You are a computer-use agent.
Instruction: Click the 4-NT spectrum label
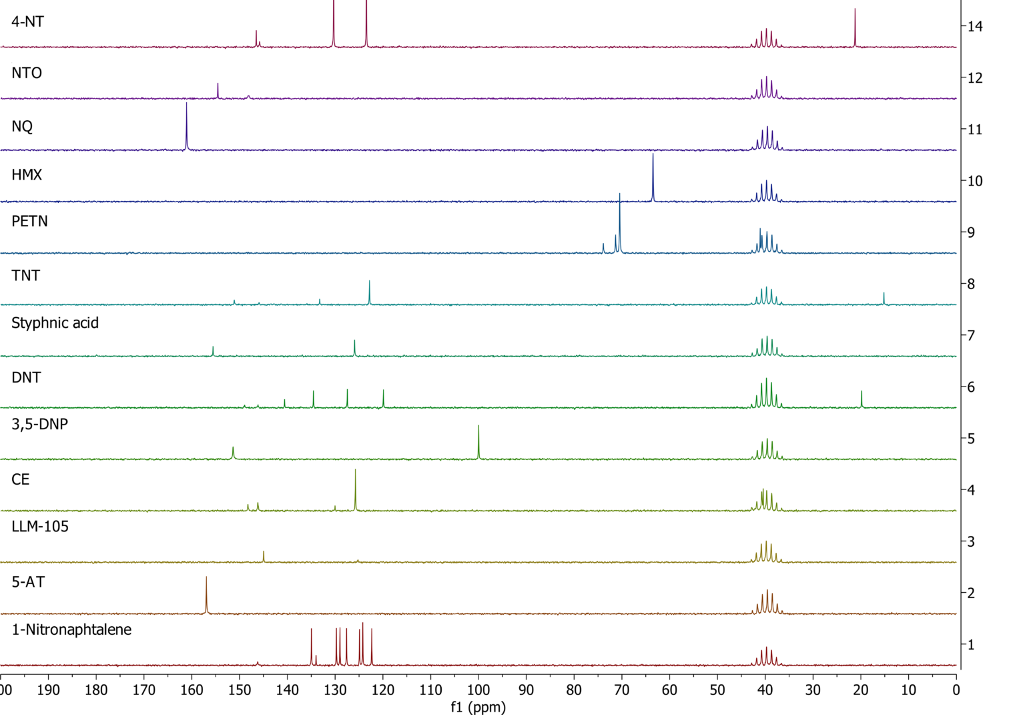(x=27, y=21)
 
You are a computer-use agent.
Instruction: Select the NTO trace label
(x=27, y=73)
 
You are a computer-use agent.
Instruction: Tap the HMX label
(x=27, y=175)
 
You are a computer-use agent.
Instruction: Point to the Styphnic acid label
(x=55, y=323)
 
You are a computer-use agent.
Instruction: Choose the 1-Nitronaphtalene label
(x=71, y=630)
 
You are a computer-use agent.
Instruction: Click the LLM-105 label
(x=40, y=527)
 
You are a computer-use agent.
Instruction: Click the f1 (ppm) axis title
(x=478, y=707)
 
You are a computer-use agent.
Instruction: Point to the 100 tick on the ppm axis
(x=478, y=690)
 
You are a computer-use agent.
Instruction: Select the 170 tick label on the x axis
(x=144, y=690)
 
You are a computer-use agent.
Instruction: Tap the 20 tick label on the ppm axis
(x=861, y=690)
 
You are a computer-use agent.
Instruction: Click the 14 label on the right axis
(x=975, y=27)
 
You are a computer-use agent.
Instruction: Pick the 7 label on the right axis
(x=971, y=335)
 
